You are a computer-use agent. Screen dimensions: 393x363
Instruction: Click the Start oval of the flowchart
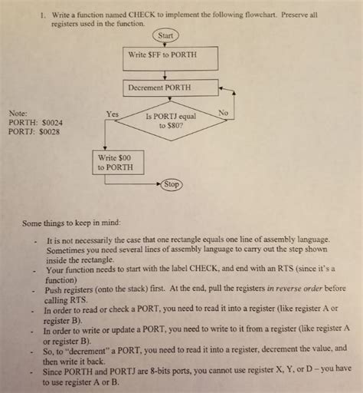pyautogui.click(x=165, y=35)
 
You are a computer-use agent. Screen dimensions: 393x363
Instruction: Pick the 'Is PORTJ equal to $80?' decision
pyautogui.click(x=170, y=121)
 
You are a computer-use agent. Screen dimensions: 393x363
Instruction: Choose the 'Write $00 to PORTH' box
pyautogui.click(x=115, y=162)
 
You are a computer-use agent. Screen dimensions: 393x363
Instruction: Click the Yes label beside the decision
pyautogui.click(x=112, y=114)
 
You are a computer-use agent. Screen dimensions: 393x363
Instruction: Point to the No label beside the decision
pyautogui.click(x=223, y=113)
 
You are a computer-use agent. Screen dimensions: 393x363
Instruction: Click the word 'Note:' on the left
pyautogui.click(x=18, y=113)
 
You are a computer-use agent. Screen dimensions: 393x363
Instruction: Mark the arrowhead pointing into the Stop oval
pyautogui.click(x=159, y=185)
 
